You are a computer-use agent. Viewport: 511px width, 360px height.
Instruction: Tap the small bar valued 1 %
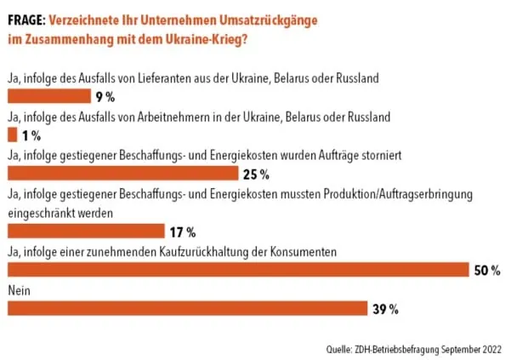point(11,134)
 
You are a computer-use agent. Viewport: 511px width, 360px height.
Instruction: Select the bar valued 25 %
point(122,174)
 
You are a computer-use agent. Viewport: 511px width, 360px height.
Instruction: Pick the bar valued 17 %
point(85,231)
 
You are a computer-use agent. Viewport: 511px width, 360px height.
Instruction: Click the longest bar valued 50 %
point(237,270)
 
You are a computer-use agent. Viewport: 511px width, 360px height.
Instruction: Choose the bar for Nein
point(187,308)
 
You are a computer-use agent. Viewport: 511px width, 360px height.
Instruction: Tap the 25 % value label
point(257,174)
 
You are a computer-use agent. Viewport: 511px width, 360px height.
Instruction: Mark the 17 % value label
point(183,231)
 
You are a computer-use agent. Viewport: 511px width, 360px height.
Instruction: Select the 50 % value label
point(487,271)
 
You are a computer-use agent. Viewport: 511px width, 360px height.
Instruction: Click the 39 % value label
point(387,309)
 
